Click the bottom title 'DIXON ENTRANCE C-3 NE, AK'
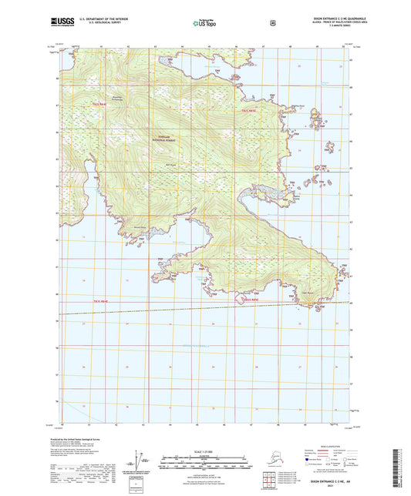pyautogui.click(x=331, y=479)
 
